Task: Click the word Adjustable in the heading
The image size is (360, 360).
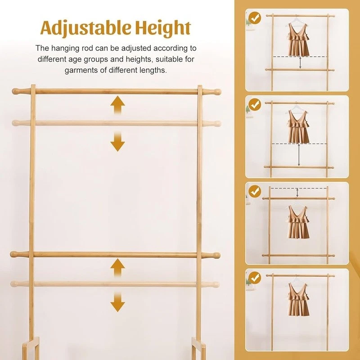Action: (x=86, y=28)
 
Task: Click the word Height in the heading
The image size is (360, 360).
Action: (x=163, y=27)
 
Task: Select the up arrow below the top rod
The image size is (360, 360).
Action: (x=117, y=105)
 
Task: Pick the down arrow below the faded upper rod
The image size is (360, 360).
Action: (x=117, y=142)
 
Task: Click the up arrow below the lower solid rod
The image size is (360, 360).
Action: (x=117, y=267)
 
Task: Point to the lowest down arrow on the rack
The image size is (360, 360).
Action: (x=117, y=302)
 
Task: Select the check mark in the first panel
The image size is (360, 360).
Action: (x=255, y=18)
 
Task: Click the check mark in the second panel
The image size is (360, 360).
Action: (x=255, y=105)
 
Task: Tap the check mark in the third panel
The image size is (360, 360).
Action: (x=255, y=192)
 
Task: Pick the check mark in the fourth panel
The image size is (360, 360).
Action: (x=255, y=278)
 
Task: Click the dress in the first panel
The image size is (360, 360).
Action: (x=298, y=39)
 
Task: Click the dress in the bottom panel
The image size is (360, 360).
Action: (x=298, y=300)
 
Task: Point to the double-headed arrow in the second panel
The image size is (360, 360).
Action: (x=299, y=155)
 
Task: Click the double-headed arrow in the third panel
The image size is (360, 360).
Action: (x=297, y=193)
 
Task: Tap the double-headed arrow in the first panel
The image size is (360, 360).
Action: (x=300, y=63)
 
